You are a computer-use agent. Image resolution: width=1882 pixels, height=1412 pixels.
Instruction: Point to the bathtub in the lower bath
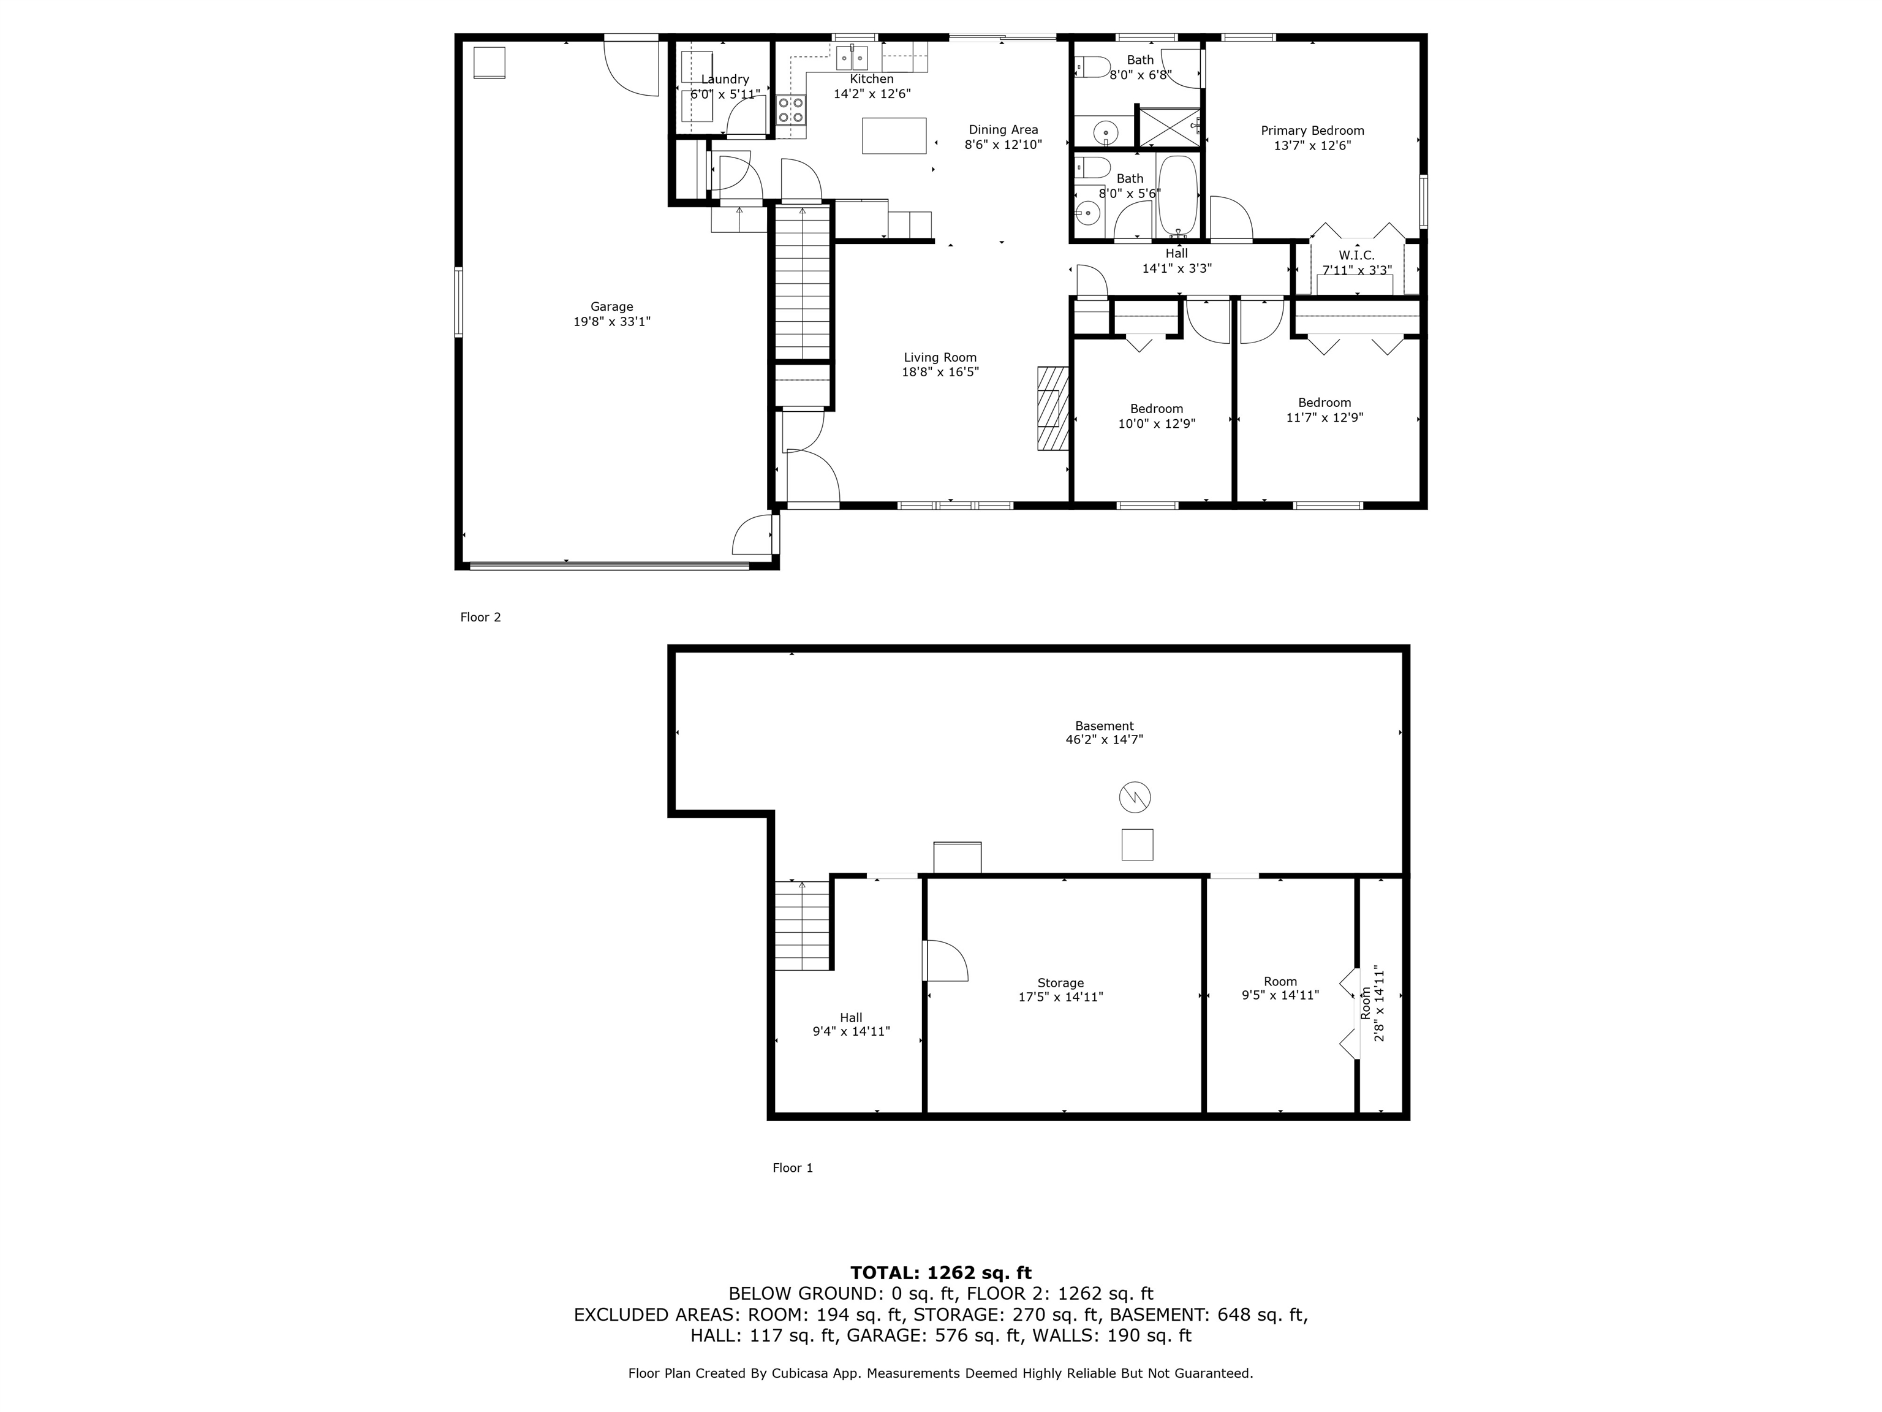tap(1177, 195)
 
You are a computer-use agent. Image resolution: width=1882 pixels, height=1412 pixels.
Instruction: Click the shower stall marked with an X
tap(1168, 127)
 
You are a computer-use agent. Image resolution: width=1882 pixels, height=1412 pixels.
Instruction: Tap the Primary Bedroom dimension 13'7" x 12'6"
tap(1312, 145)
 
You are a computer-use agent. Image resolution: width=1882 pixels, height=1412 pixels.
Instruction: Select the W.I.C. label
tap(1356, 256)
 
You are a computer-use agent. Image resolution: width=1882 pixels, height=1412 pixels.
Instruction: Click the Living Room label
tap(940, 357)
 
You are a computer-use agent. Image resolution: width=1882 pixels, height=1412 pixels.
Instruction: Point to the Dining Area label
tap(1003, 129)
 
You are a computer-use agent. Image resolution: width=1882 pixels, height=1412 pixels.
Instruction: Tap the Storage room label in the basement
tap(1060, 982)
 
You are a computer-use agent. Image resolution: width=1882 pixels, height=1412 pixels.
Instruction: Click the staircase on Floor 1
tap(801, 926)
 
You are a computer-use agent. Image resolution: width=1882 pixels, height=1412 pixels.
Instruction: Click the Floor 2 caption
tap(480, 617)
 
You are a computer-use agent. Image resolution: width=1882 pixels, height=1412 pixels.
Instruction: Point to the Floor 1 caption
tap(792, 1167)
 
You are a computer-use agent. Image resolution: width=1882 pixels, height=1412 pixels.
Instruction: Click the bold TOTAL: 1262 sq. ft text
tap(940, 1272)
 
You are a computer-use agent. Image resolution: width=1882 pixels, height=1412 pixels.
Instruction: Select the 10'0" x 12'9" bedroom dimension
tap(1156, 423)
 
